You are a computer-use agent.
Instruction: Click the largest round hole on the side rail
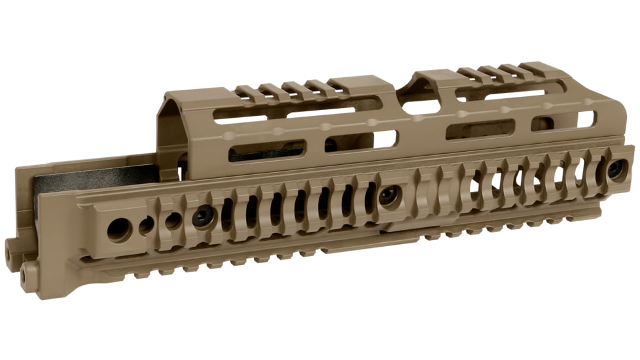click(x=118, y=229)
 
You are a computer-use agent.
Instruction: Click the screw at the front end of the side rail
click(x=615, y=168)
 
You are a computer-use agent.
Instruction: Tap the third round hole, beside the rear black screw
click(x=173, y=221)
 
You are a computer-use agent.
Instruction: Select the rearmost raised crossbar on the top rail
click(x=249, y=91)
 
